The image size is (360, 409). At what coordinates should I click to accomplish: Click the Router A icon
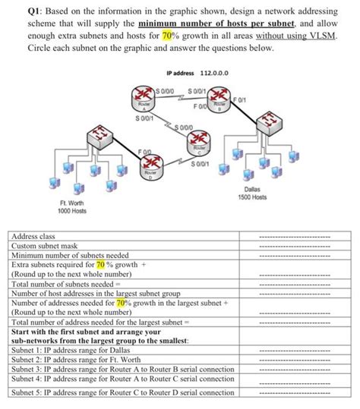click(x=144, y=100)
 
